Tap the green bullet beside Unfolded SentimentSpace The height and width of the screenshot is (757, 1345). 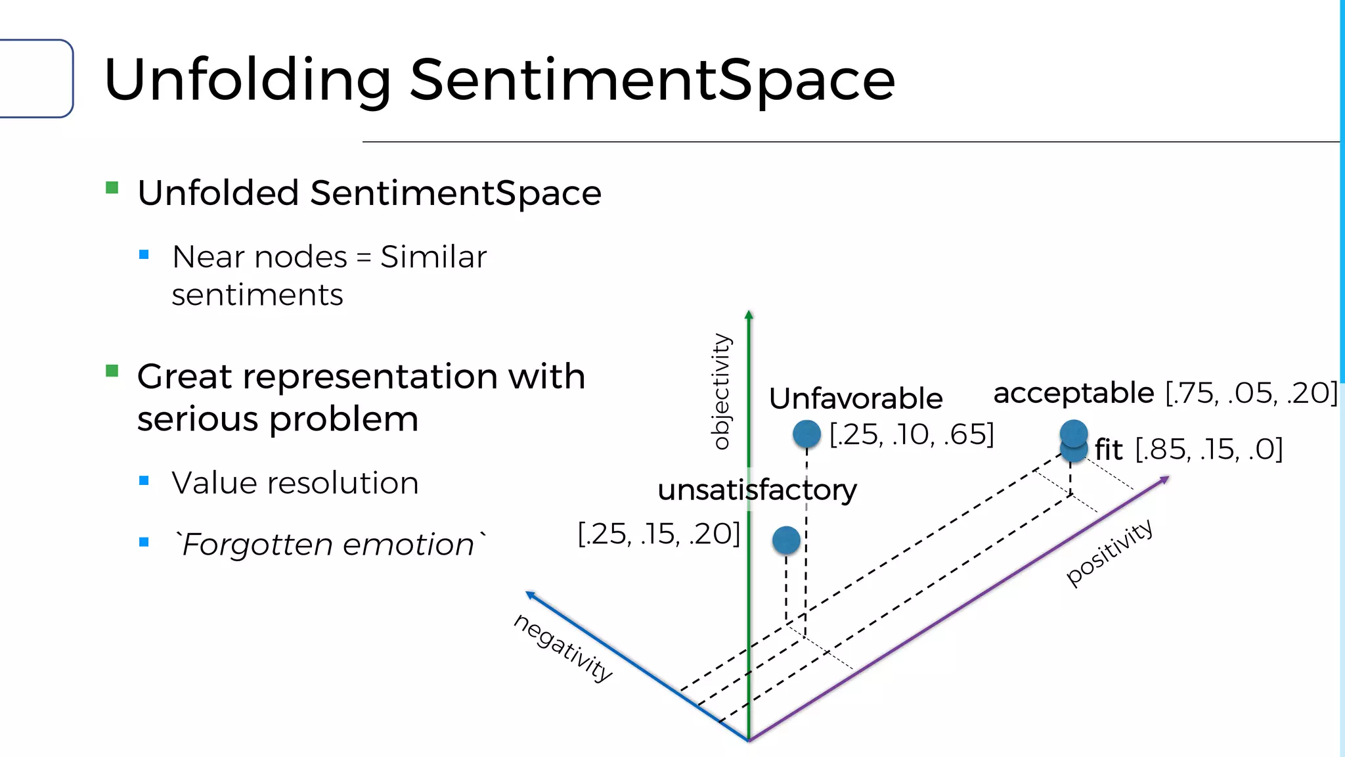point(112,189)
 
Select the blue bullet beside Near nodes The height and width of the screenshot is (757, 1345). point(144,254)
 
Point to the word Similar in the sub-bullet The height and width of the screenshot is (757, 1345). point(433,257)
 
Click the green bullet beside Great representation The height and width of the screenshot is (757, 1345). point(112,371)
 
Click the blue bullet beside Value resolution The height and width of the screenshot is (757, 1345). point(144,481)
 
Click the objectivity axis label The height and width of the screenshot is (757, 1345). point(720,392)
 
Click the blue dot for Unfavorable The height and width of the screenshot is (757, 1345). point(806,434)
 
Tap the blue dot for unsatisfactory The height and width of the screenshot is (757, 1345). point(786,540)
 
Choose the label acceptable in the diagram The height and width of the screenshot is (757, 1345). point(1074,394)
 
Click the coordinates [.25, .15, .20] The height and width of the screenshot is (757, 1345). point(659,534)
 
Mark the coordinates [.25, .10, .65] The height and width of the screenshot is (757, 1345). point(912,434)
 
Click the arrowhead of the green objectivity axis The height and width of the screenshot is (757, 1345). point(749,315)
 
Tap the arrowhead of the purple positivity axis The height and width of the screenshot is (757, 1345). point(1164,480)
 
